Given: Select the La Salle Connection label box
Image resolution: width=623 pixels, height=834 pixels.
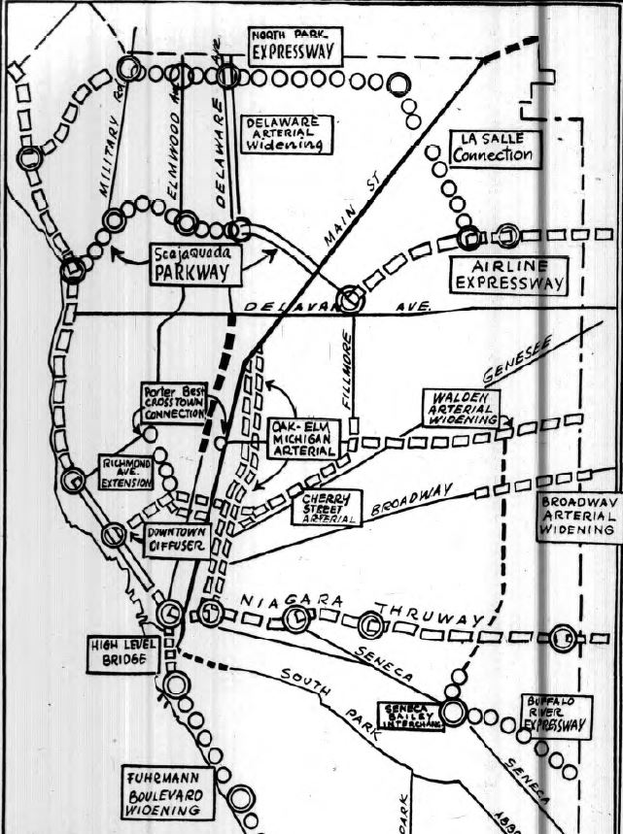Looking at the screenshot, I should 494,148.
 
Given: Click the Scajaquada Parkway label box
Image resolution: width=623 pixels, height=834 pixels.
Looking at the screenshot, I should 194,262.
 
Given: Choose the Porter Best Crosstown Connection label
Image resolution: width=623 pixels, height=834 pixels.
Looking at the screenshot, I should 172,401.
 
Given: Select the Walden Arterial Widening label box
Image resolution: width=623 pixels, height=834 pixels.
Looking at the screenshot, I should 461,409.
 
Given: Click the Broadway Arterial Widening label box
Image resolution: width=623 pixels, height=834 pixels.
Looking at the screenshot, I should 577,515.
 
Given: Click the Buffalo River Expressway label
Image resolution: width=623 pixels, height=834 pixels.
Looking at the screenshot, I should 555,714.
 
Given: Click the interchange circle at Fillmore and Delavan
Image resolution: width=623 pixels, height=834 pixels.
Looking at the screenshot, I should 351,301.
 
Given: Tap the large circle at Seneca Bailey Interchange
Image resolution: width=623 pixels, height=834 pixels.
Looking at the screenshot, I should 453,713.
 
